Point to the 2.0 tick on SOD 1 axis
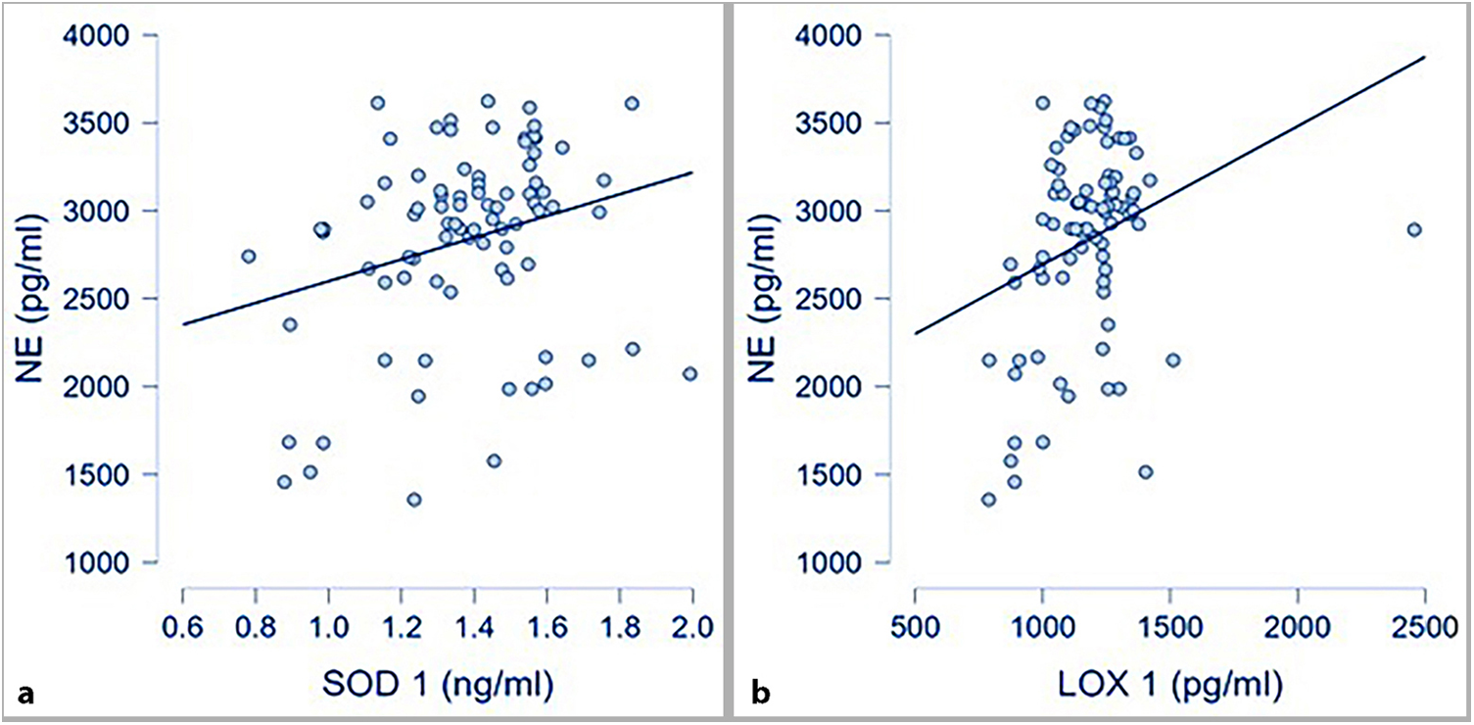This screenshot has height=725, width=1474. click(x=692, y=624)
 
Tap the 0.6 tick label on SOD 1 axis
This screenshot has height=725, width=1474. click(x=183, y=624)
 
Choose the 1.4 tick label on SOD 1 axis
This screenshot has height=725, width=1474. click(x=474, y=624)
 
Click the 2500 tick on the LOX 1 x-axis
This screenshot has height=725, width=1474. click(x=1424, y=624)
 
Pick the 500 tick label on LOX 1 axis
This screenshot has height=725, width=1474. click(x=915, y=624)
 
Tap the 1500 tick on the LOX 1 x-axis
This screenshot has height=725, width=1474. click(x=1169, y=624)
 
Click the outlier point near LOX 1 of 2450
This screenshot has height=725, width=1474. click(x=1413, y=229)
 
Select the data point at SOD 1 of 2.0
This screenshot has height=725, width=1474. click(x=689, y=373)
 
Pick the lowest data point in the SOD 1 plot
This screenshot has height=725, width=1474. click(x=414, y=500)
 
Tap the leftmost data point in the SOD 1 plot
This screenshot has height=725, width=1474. click(x=249, y=256)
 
